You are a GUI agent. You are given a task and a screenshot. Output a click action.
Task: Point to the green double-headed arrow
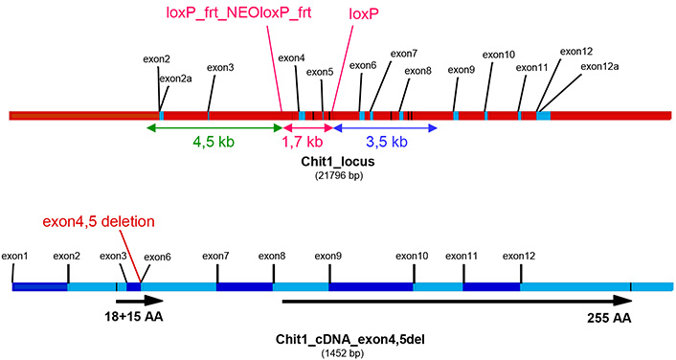(x=215, y=126)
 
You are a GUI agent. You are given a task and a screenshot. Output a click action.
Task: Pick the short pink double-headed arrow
(x=307, y=126)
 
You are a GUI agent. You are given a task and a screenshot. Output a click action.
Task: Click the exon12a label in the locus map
(x=600, y=67)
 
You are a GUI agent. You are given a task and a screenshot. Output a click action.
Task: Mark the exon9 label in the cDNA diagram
(x=328, y=256)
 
